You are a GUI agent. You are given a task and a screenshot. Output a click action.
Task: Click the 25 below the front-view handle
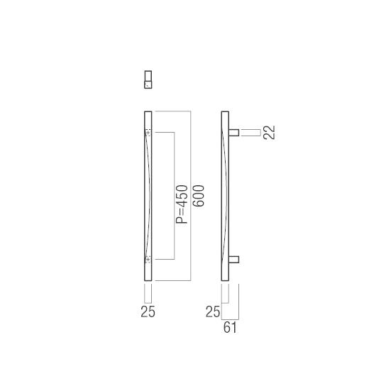(148, 311)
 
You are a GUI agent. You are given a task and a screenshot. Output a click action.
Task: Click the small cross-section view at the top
(148, 79)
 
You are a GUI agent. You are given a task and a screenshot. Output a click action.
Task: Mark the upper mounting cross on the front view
(148, 133)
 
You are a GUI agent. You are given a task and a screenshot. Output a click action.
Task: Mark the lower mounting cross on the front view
(148, 260)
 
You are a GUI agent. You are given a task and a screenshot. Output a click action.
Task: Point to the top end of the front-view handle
(148, 114)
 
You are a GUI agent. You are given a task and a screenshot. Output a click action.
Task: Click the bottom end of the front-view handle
(148, 279)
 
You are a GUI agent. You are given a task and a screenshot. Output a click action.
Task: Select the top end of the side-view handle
(225, 114)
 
